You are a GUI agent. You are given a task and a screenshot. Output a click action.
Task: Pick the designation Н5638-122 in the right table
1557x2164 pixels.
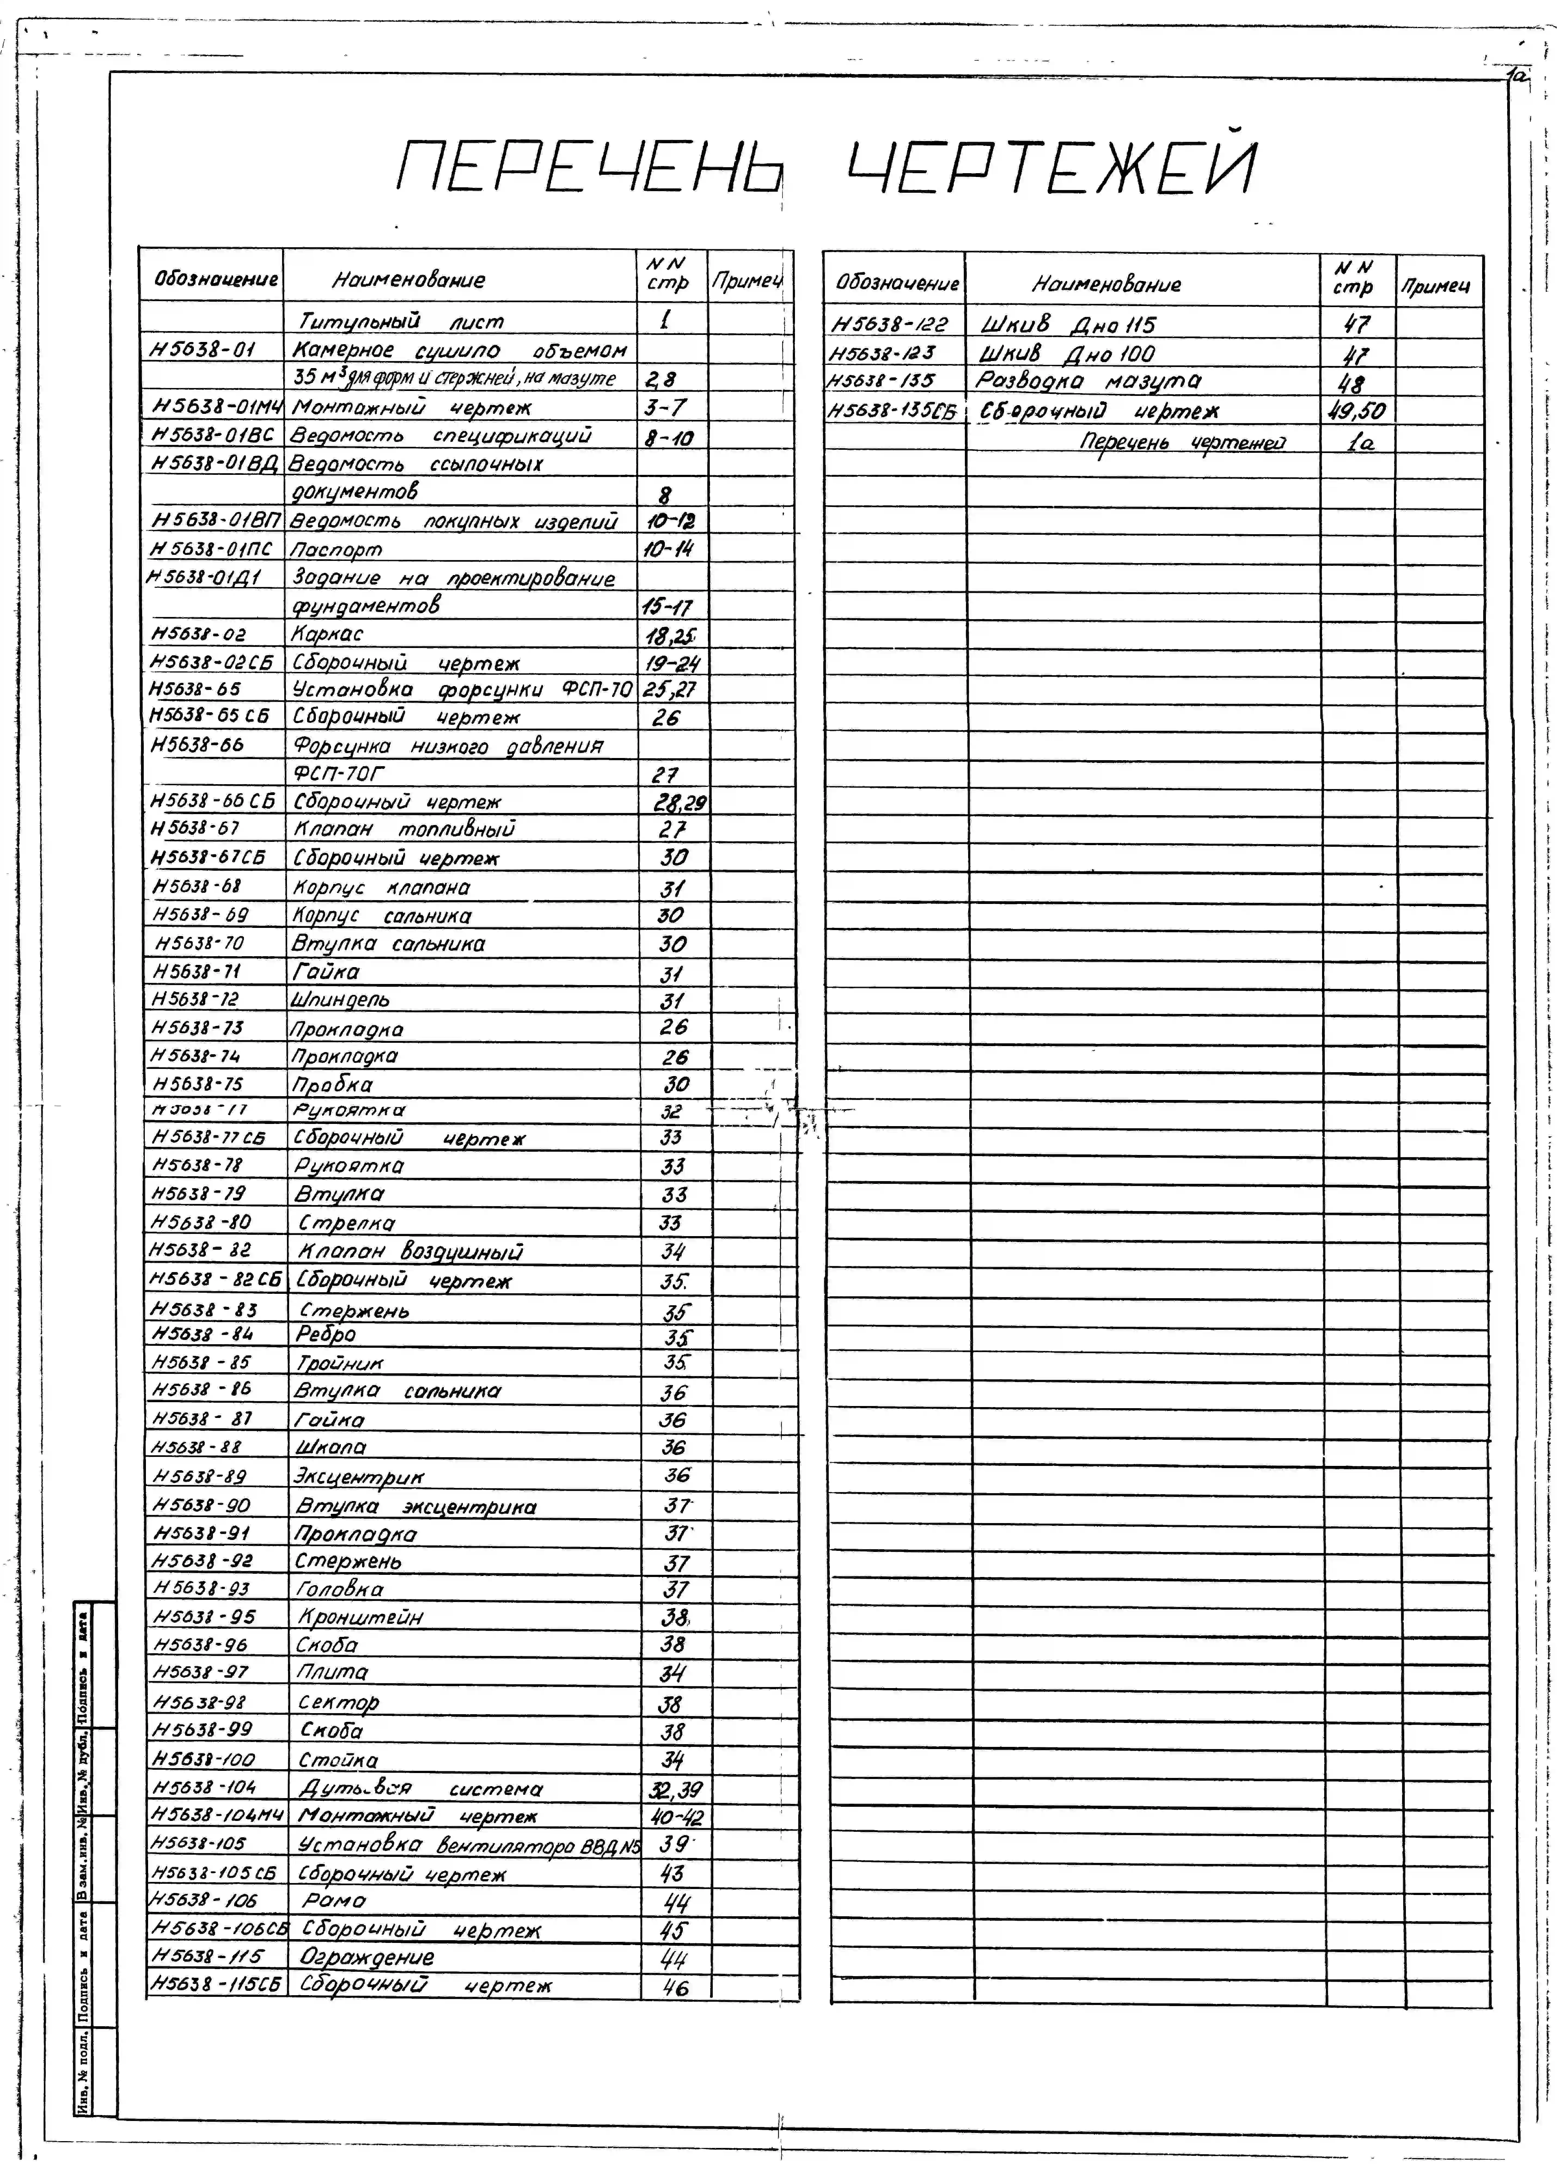click(889, 324)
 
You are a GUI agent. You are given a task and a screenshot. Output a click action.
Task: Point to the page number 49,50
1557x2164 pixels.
click(1356, 411)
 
